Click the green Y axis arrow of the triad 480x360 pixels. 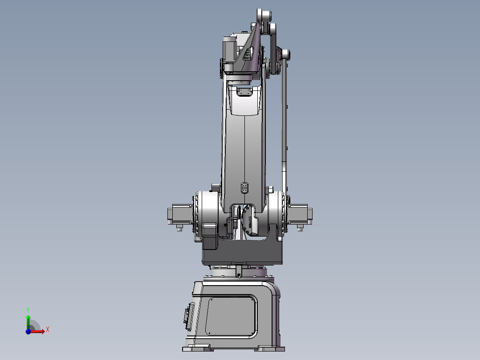coord(28,317)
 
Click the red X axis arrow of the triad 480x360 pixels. coord(40,331)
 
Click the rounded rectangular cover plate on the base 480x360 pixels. coord(232,316)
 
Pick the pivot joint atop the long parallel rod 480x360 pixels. coord(285,55)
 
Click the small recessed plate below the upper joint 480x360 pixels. coord(244,92)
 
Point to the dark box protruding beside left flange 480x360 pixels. coord(209,238)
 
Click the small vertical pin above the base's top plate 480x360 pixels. coord(239,270)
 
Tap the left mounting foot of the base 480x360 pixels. coord(196,348)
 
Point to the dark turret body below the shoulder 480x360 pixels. coord(243,254)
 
